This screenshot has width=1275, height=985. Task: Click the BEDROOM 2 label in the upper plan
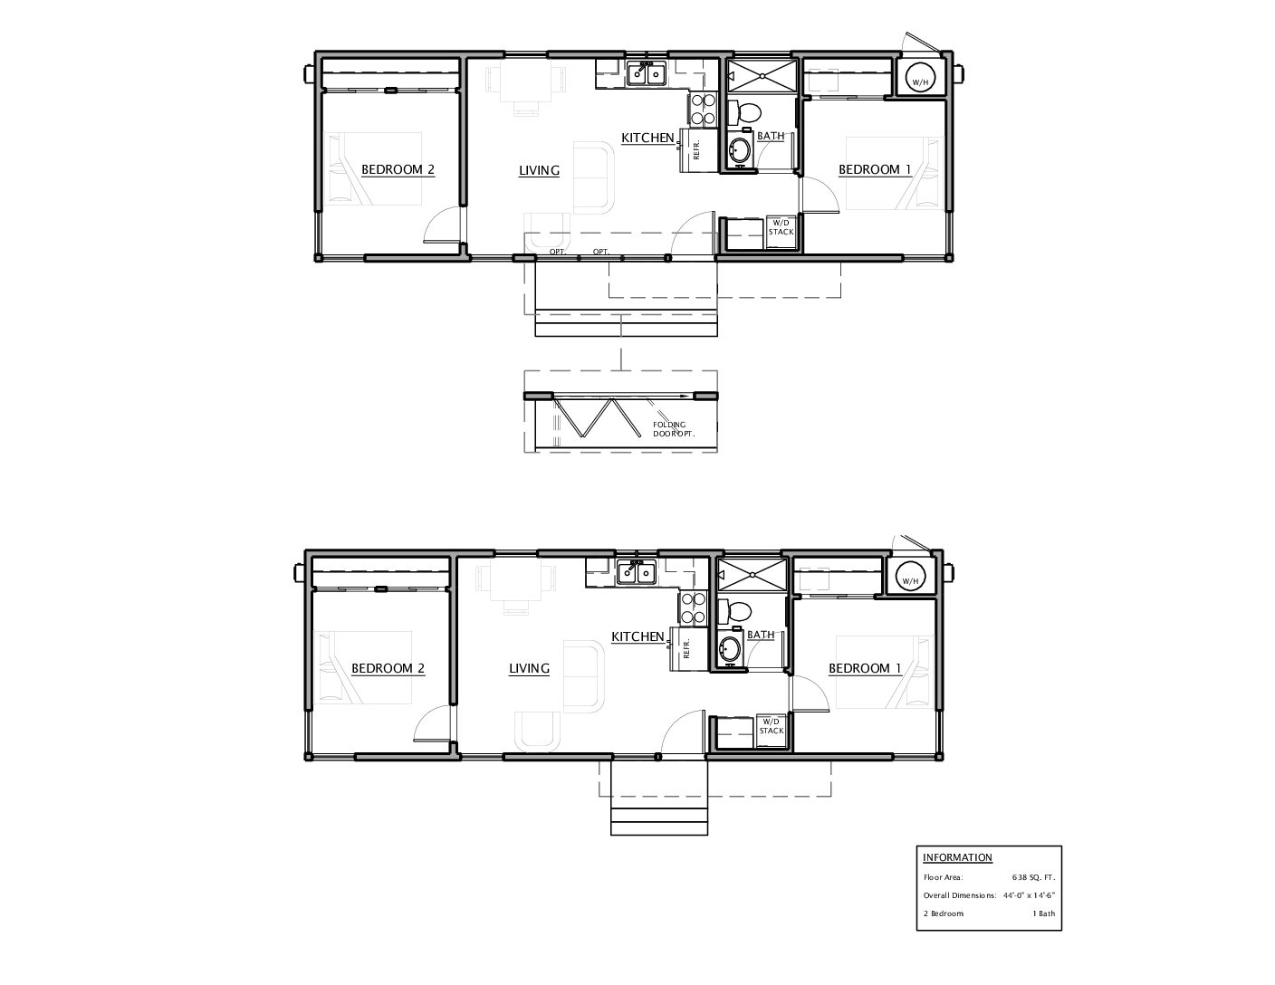coord(398,169)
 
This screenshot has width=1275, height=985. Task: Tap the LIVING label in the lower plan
coord(529,668)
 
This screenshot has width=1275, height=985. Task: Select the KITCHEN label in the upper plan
coord(647,138)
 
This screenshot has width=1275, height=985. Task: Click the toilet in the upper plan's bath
coord(744,112)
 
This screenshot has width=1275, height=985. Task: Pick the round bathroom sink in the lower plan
coord(729,650)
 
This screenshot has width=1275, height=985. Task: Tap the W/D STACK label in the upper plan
coord(781,227)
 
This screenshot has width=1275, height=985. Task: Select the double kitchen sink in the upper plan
coord(647,74)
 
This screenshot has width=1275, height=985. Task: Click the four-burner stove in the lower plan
coord(693,608)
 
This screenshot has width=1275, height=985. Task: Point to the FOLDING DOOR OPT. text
coord(674,429)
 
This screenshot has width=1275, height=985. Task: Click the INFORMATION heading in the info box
coord(957,857)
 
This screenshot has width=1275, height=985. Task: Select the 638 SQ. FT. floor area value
coord(1033,877)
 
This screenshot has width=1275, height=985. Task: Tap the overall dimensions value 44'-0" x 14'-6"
coord(1029,895)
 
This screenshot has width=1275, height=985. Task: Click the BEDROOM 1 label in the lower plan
coord(865,668)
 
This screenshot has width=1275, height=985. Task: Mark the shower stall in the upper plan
coord(762,75)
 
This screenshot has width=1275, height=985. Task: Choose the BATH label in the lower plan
coord(761,635)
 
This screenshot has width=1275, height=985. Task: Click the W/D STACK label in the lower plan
coord(771,726)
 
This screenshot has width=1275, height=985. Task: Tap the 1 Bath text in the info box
coord(1044,913)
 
